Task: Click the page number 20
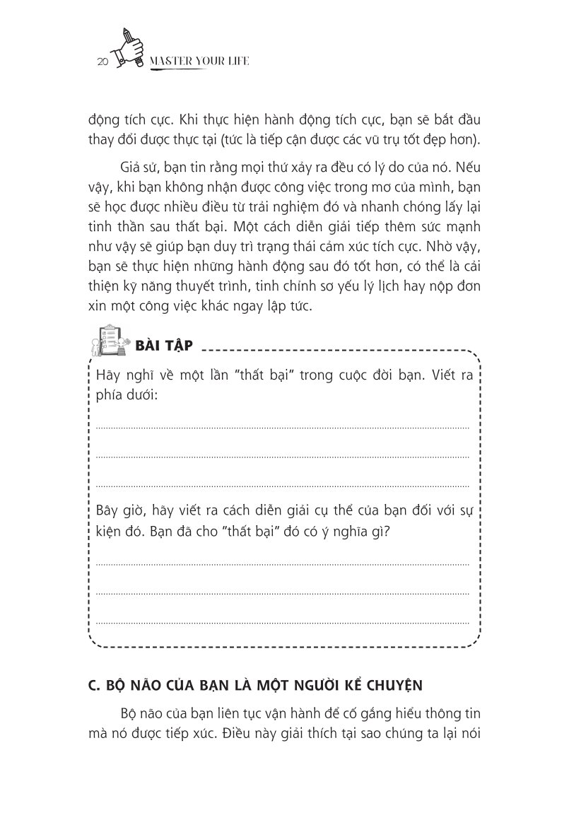[102, 63]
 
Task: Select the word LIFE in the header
[236, 62]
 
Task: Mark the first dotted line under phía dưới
[282, 428]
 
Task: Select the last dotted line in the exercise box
[282, 623]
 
